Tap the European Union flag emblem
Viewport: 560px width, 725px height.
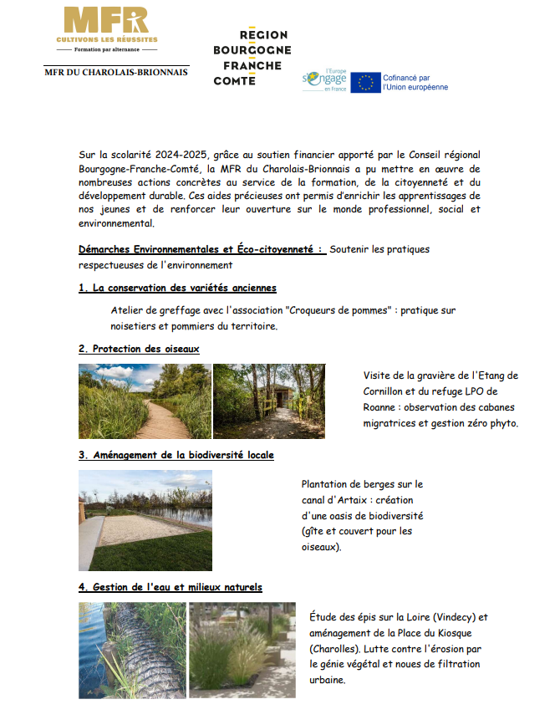(365, 82)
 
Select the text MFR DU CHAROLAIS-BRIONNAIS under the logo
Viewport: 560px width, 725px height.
(116, 72)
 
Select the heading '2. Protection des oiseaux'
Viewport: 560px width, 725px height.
(139, 349)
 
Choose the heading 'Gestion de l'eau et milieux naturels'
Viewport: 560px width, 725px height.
(171, 587)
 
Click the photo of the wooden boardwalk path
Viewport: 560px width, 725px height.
(144, 401)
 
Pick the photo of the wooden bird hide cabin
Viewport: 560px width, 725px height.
(268, 401)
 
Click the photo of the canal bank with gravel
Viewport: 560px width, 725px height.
(145, 520)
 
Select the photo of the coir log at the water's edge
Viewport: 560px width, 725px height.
(132, 651)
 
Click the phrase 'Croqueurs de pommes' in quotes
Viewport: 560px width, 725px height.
(340, 310)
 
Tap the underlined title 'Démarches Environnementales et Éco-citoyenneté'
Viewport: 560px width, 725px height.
(200, 249)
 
